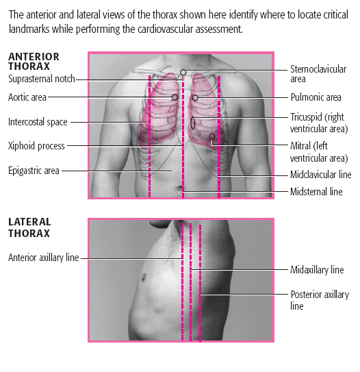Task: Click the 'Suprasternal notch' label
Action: tap(42, 79)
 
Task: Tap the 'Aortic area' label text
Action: tap(27, 97)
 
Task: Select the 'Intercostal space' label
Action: tap(38, 122)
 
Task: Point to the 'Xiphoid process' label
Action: tap(36, 146)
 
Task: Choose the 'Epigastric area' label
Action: tap(34, 171)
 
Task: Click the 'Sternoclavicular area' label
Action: tap(318, 74)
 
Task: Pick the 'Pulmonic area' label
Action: tap(316, 97)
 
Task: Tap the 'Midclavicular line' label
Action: tap(321, 175)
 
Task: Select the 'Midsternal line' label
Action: tap(316, 192)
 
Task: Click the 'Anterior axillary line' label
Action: tap(44, 258)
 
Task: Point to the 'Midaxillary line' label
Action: tap(317, 270)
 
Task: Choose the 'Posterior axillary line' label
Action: tap(320, 300)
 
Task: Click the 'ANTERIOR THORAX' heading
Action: tap(34, 62)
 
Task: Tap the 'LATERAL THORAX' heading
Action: tap(29, 227)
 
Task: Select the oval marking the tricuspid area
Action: tap(191, 123)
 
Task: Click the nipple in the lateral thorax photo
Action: tap(144, 277)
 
